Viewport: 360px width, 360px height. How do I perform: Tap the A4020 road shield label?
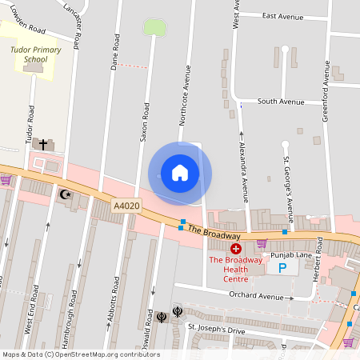(126, 206)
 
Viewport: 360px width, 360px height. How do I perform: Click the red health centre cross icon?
(236, 250)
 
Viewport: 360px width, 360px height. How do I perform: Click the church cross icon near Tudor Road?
(43, 144)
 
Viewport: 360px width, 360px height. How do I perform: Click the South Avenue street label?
(281, 102)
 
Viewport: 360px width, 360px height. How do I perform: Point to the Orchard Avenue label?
(256, 297)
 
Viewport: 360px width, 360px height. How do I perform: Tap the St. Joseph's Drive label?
(215, 328)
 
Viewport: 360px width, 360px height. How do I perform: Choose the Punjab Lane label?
(290, 255)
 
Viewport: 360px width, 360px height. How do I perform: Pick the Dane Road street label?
(115, 53)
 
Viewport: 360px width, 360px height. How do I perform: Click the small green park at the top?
(154, 27)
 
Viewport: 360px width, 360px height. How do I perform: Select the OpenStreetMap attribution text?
(80, 354)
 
